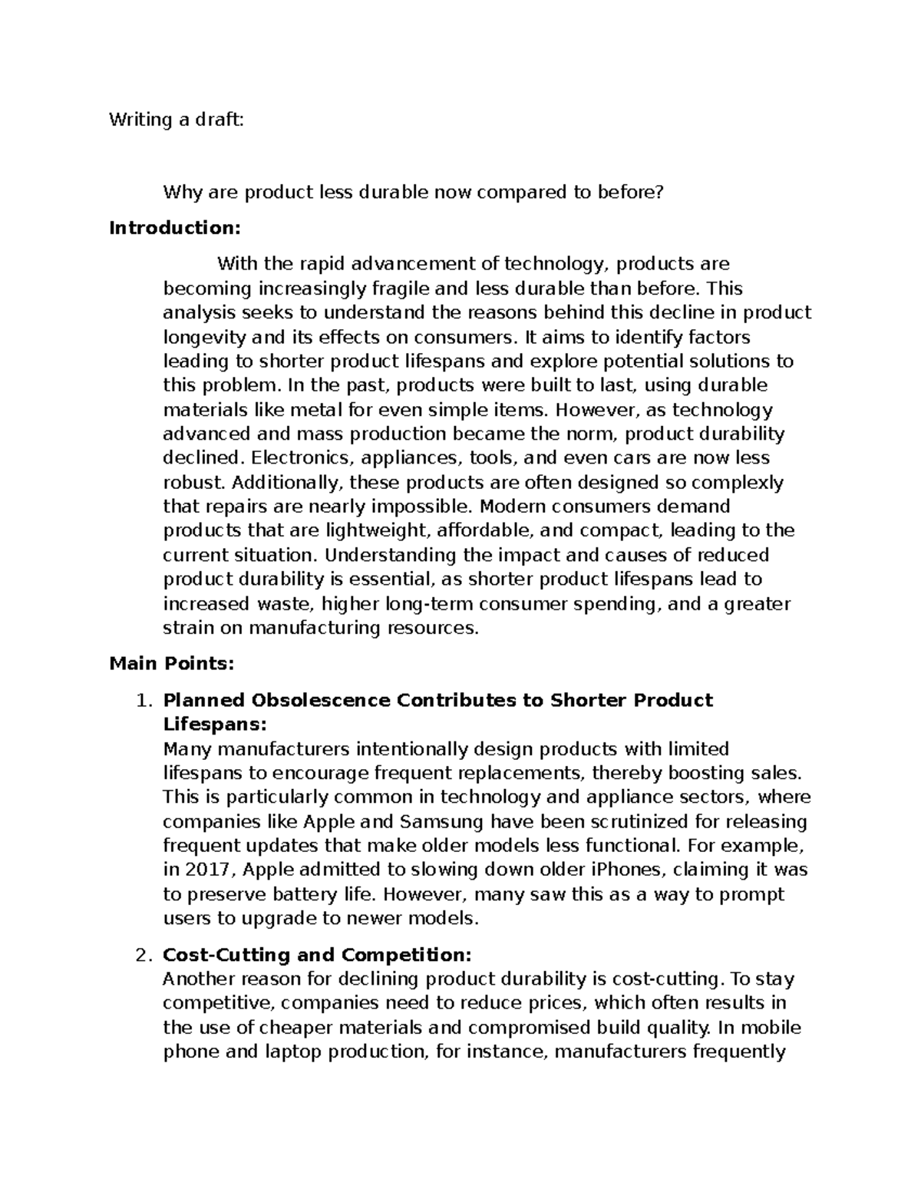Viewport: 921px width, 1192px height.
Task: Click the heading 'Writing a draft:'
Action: [176, 120]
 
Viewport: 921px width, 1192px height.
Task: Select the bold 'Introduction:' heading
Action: [175, 228]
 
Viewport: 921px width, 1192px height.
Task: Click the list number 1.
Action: [140, 700]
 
